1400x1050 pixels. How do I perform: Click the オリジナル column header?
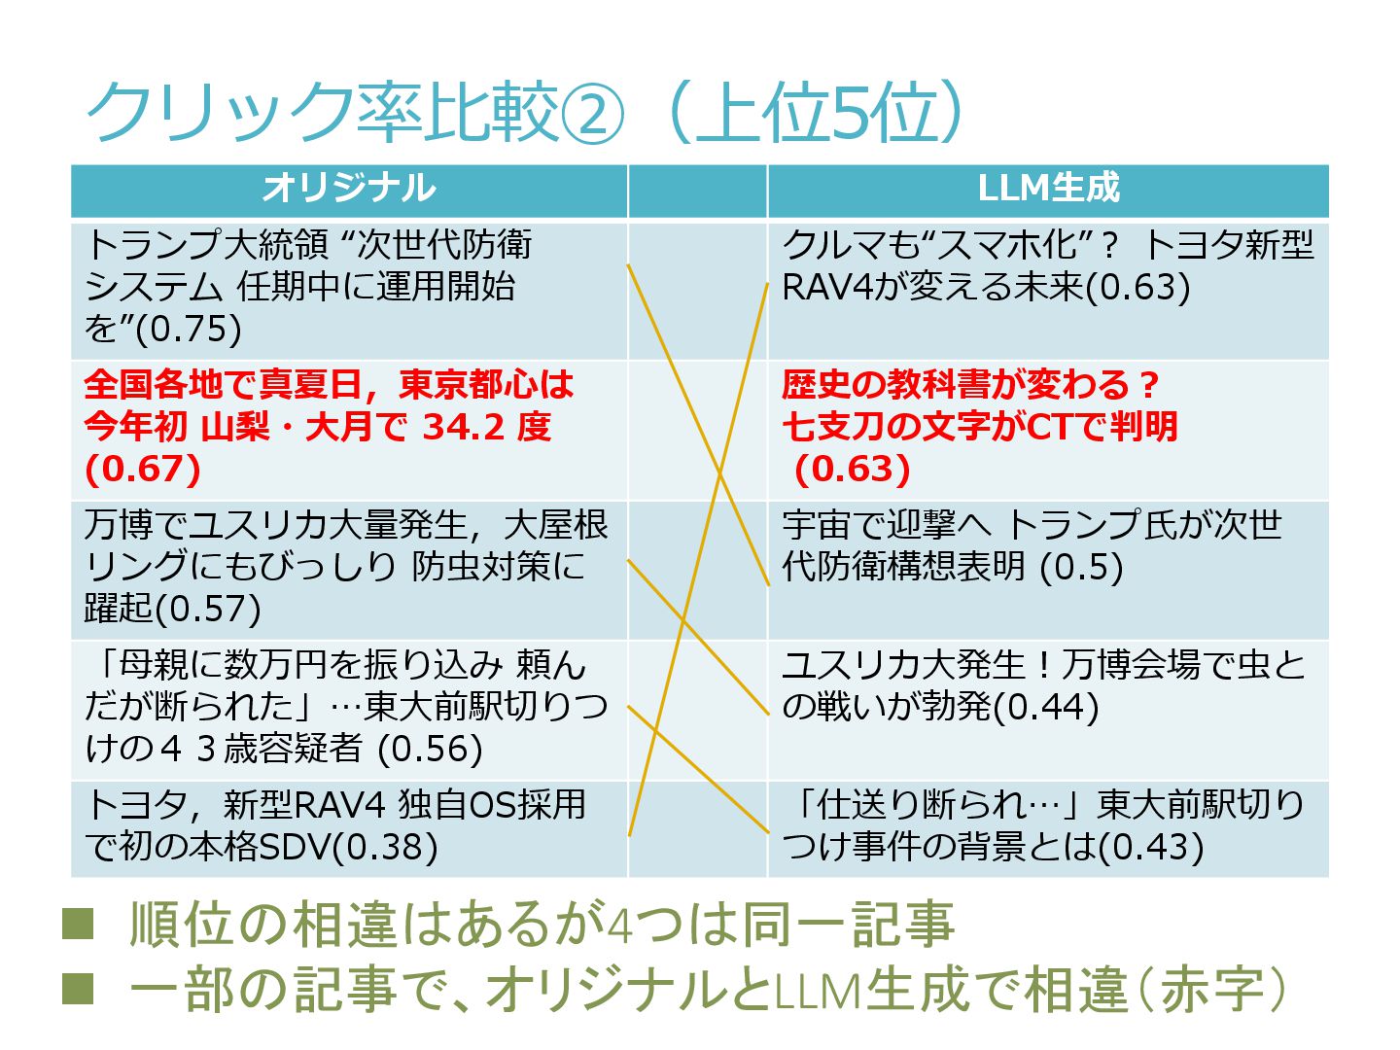point(348,189)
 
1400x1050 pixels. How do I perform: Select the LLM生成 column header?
point(1048,189)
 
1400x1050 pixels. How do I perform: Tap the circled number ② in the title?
point(592,115)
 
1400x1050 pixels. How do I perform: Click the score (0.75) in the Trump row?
point(189,329)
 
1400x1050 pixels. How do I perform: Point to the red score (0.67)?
point(143,469)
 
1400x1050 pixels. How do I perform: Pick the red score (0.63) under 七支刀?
point(853,469)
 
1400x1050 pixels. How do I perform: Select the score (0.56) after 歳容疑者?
point(430,749)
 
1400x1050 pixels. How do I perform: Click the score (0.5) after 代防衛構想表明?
point(1081,567)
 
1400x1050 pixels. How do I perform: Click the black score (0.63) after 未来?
point(1137,287)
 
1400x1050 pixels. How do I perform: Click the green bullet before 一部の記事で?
point(78,989)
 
